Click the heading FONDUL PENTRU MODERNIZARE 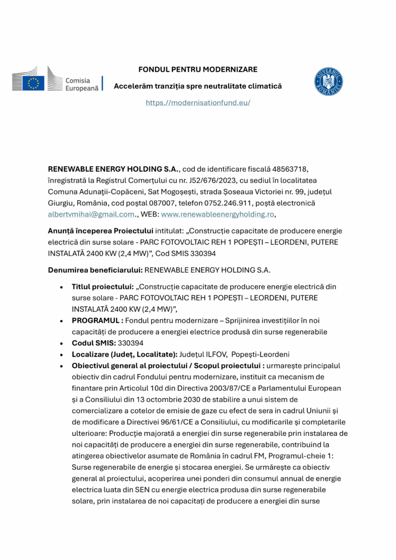(197, 69)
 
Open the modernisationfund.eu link (197, 103)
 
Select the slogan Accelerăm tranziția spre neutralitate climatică (197, 86)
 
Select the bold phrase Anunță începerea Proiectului (100, 231)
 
